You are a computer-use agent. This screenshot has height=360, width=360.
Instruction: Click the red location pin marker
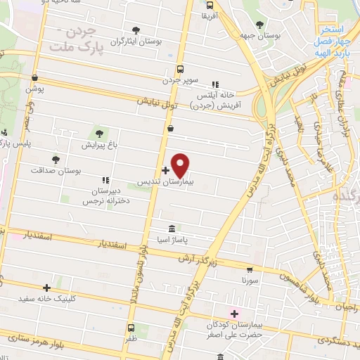click(181, 165)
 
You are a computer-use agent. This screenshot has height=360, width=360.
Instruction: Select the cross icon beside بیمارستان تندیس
click(165, 170)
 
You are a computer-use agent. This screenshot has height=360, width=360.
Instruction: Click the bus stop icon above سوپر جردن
click(181, 70)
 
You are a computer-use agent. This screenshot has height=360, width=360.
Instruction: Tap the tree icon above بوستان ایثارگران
click(136, 30)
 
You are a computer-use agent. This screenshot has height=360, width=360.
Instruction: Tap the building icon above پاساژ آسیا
click(172, 229)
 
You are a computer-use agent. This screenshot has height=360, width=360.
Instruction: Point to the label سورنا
click(250, 281)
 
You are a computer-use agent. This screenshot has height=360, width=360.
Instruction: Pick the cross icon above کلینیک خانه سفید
click(47, 287)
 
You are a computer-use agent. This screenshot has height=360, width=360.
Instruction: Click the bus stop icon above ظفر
click(131, 328)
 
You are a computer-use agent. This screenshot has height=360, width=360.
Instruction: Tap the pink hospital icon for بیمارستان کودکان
click(235, 313)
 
